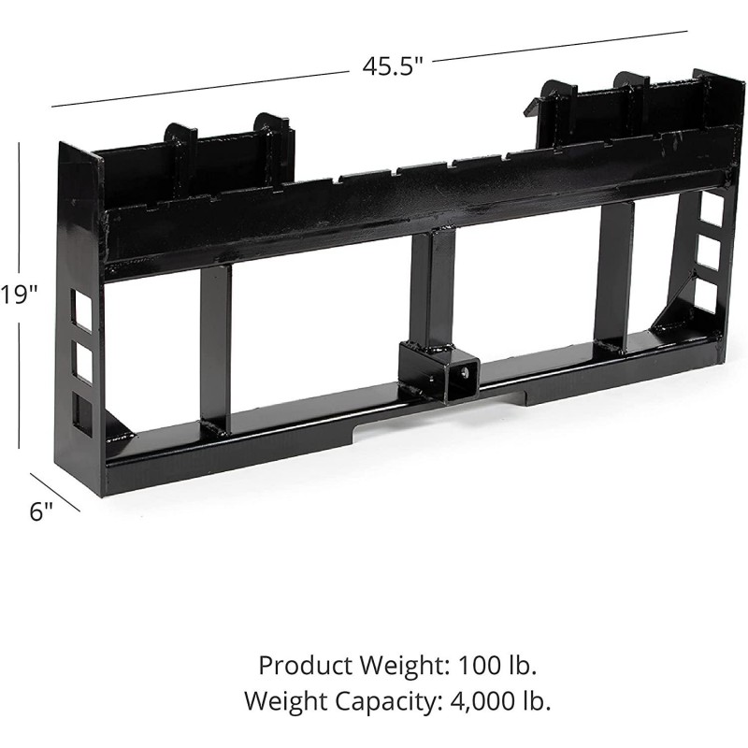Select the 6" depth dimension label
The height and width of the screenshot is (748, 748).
(40, 511)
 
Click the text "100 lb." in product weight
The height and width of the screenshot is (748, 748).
(497, 665)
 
